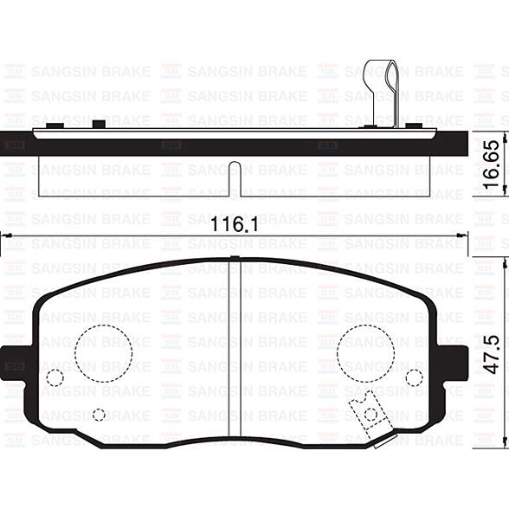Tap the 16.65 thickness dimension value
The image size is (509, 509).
[491, 165]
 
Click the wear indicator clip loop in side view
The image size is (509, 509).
[380, 83]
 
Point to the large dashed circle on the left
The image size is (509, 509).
[103, 352]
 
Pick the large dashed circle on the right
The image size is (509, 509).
[365, 352]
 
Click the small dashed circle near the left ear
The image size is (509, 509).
[55, 377]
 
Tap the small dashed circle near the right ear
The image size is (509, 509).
[414, 377]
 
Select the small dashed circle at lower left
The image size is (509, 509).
[99, 415]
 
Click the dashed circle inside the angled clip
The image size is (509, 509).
[371, 414]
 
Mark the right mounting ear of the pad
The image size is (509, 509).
[453, 361]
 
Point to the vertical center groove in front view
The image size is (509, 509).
[235, 346]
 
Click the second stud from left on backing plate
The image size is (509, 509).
[98, 125]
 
